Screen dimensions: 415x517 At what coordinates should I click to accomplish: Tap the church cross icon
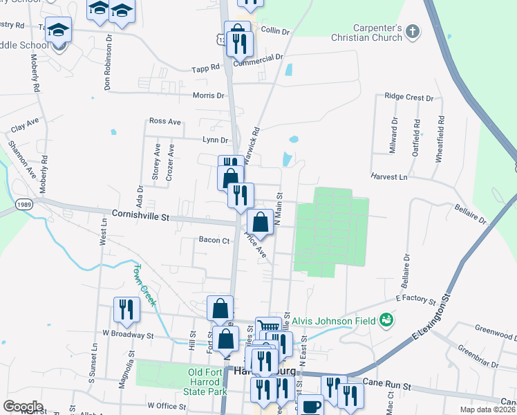[413, 31]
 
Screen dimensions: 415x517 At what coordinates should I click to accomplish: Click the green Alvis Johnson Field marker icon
[386, 320]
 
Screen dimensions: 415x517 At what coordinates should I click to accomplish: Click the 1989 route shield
[23, 205]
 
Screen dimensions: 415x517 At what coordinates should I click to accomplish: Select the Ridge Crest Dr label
[408, 98]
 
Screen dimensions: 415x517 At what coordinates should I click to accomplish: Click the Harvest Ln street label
[388, 177]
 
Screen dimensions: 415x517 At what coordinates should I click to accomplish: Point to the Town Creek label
[146, 284]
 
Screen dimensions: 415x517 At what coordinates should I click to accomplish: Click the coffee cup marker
[312, 405]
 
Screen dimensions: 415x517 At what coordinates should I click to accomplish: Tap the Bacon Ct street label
[214, 240]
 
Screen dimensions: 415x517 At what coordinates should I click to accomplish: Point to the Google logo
[23, 407]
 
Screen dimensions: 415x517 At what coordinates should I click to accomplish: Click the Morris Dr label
[209, 95]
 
